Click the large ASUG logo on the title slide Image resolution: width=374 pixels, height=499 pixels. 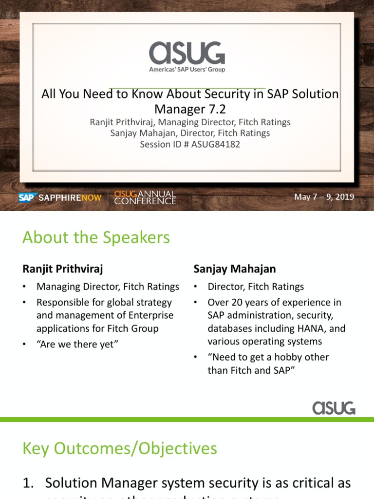[x=187, y=53]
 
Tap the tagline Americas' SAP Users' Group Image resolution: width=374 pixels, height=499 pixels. [x=187, y=70]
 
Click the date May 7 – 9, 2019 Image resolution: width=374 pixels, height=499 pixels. [x=324, y=197]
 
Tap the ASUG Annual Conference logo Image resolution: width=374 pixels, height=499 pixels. [x=145, y=197]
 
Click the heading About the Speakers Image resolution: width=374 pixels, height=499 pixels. [x=96, y=238]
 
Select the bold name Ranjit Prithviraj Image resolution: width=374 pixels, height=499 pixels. [x=63, y=269]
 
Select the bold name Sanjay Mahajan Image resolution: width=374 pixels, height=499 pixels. [x=235, y=269]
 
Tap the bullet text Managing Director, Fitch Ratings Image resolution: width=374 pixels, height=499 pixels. [x=108, y=287]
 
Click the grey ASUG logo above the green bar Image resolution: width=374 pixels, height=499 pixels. [x=334, y=407]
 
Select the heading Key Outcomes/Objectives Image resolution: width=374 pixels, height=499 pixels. [x=120, y=448]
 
